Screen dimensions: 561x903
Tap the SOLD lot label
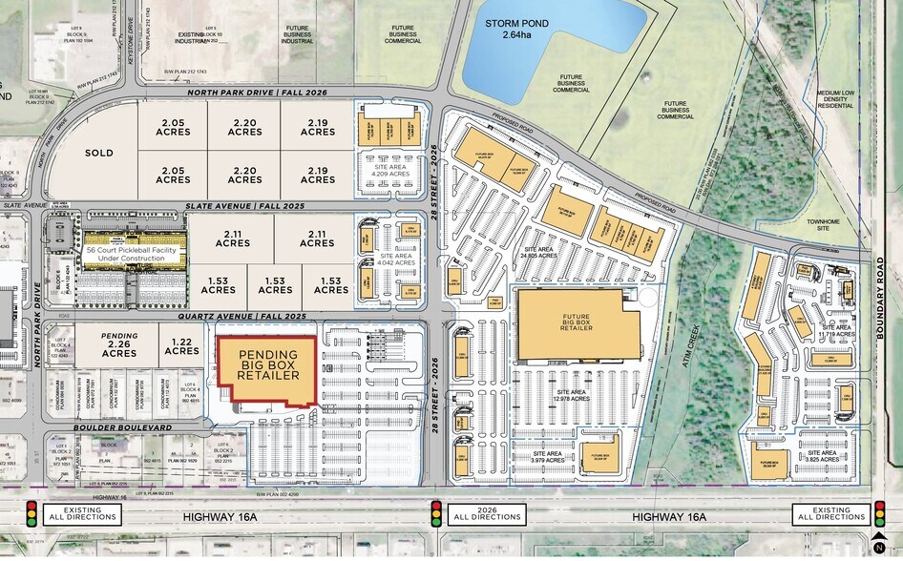99,153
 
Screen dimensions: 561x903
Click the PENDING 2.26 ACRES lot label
119,344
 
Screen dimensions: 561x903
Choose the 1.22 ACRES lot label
182,345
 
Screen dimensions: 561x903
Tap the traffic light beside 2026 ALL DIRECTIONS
437,515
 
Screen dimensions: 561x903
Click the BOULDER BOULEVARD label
123,428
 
